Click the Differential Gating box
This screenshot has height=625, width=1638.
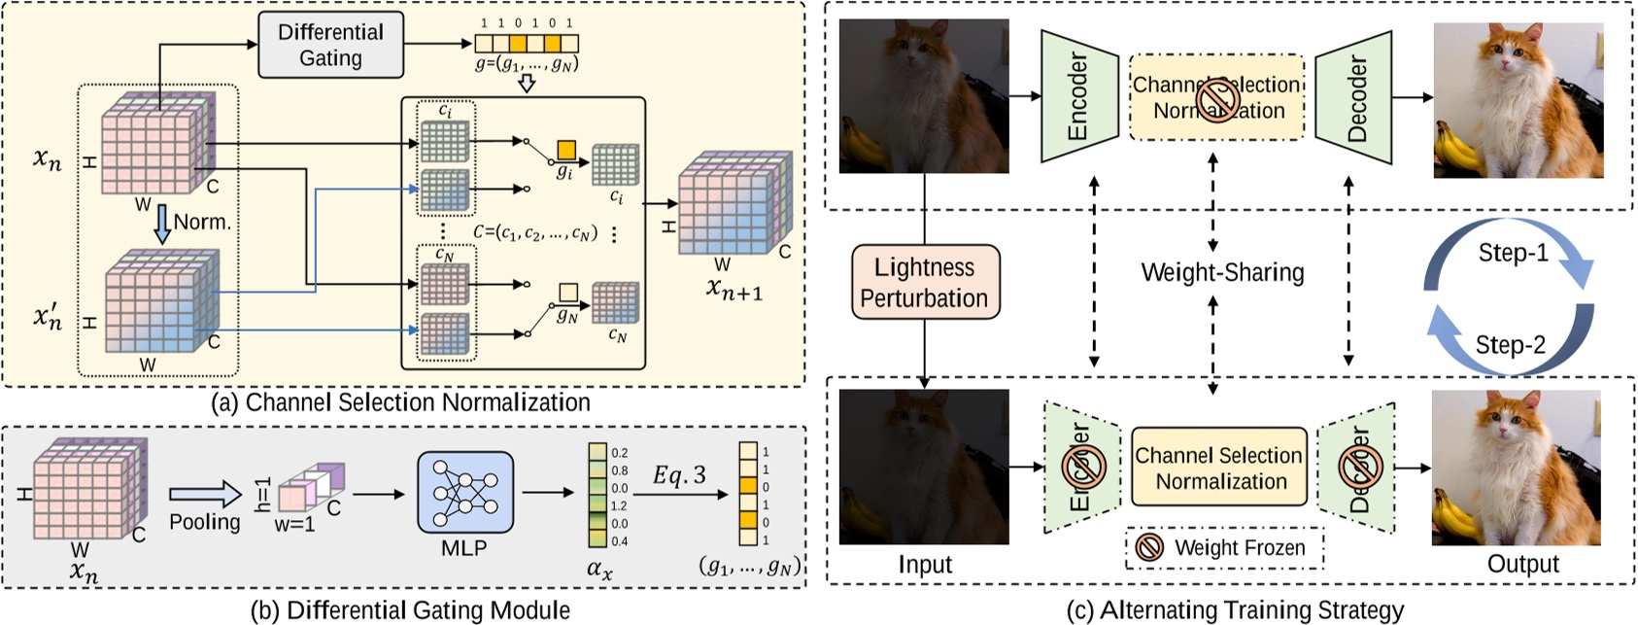[330, 45]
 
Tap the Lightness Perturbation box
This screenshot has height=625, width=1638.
[924, 282]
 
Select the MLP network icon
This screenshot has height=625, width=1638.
[464, 492]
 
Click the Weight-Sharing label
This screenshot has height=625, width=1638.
[1222, 272]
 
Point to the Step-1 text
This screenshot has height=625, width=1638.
[1513, 253]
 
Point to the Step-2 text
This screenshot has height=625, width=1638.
[1510, 344]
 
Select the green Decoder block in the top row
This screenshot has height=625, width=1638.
[1355, 97]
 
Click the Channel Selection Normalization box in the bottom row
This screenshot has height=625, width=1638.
[1218, 468]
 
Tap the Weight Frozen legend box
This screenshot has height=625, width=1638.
[1224, 548]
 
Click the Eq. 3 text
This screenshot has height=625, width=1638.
[679, 474]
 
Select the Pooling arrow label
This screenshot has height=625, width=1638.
[204, 522]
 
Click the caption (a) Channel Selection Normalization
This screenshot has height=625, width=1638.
[400, 402]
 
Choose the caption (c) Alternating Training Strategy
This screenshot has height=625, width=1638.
[1235, 610]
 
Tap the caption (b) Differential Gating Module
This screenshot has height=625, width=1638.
[410, 610]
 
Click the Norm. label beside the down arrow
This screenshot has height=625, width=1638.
[202, 222]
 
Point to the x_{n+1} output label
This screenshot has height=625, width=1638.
[734, 288]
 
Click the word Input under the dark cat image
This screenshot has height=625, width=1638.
[924, 564]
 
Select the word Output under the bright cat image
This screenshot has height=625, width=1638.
[1522, 564]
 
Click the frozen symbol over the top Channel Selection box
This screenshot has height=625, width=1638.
[1215, 98]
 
